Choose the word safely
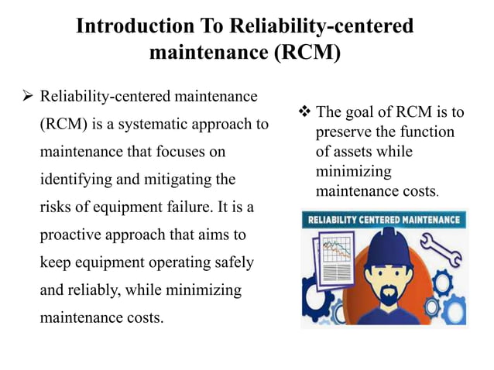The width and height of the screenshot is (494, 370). pyautogui.click(x=232, y=262)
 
